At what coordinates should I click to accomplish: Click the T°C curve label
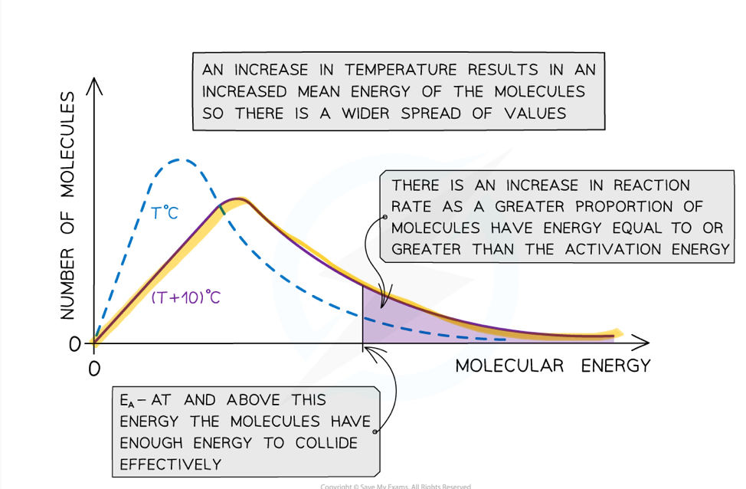click(x=164, y=213)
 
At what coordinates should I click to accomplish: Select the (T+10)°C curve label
click(x=185, y=297)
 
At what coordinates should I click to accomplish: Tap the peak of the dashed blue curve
click(x=180, y=159)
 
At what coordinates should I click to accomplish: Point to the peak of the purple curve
click(x=240, y=199)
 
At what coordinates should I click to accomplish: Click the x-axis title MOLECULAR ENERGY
click(x=552, y=366)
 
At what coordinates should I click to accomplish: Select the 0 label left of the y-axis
click(x=74, y=344)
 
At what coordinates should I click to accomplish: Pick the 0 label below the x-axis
click(x=93, y=369)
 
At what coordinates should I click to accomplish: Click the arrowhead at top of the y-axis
click(x=94, y=83)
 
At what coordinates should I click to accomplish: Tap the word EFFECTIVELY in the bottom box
click(x=171, y=464)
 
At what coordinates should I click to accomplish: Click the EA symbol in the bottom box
click(x=127, y=401)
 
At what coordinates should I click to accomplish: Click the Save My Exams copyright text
click(x=395, y=486)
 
